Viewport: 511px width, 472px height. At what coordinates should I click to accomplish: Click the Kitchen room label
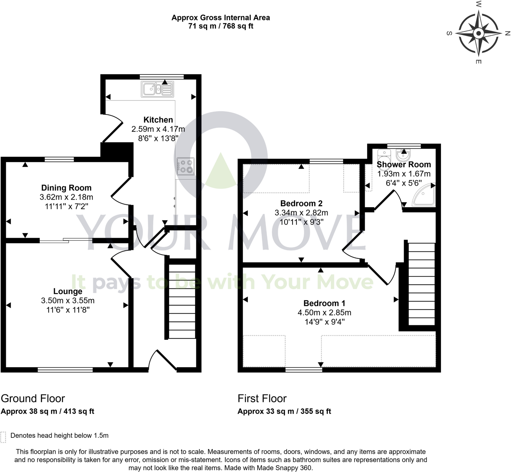coord(158,119)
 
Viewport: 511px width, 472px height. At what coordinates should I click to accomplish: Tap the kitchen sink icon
coord(157,89)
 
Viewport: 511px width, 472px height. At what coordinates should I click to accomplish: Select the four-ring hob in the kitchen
coord(186,166)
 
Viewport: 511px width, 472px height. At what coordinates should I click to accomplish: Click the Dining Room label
coord(66,188)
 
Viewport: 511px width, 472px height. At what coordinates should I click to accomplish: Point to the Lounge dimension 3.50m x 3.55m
coord(68,301)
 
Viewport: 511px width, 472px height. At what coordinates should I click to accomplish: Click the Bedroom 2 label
coord(301,203)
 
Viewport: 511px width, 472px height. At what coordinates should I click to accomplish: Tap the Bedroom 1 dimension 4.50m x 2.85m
coord(324,313)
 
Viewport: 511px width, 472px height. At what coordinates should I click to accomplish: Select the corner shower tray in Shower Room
coord(424,195)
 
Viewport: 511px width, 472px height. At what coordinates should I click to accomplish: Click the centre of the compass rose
coord(479,33)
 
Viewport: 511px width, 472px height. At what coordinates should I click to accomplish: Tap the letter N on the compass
coord(508,33)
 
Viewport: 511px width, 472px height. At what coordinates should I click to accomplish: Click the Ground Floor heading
coord(33,398)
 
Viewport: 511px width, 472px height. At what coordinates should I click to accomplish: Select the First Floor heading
coord(262,398)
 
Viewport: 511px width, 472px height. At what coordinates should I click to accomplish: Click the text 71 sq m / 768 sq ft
coord(221,26)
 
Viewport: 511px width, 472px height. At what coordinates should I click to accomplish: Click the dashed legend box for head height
coord(3,437)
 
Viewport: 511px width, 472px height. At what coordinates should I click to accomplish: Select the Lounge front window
coord(65,370)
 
